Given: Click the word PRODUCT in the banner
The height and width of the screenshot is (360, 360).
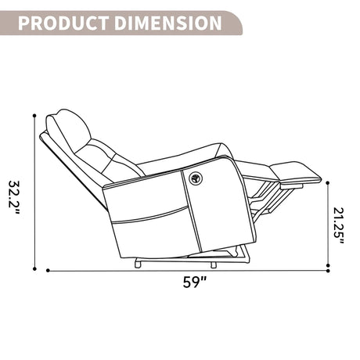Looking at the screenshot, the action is pyautogui.click(x=63, y=23).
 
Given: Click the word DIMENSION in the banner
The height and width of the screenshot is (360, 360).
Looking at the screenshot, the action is pyautogui.click(x=168, y=23).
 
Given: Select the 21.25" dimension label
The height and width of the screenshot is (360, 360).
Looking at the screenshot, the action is pyautogui.click(x=339, y=225).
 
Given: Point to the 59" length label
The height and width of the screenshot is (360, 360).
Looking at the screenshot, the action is pyautogui.click(x=195, y=282).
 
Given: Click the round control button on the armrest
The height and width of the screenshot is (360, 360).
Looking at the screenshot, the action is pyautogui.click(x=196, y=178).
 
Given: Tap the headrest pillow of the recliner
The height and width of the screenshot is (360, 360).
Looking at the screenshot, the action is pyautogui.click(x=68, y=131).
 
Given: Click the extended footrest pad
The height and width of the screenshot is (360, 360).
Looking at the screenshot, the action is pyautogui.click(x=295, y=173).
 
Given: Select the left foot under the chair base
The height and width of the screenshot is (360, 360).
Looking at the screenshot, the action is pyautogui.click(x=139, y=263).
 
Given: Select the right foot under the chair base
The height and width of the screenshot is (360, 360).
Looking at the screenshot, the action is pyautogui.click(x=214, y=265).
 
